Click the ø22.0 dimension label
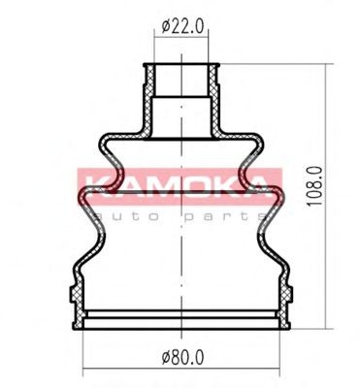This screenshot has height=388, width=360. [x=182, y=26]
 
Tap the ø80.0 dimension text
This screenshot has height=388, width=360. [x=182, y=358]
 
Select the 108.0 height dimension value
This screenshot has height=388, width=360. [x=314, y=186]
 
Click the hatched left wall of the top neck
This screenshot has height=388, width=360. [x=148, y=99]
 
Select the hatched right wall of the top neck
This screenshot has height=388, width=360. [x=214, y=99]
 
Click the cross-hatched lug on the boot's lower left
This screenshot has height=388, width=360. [x=76, y=294]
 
